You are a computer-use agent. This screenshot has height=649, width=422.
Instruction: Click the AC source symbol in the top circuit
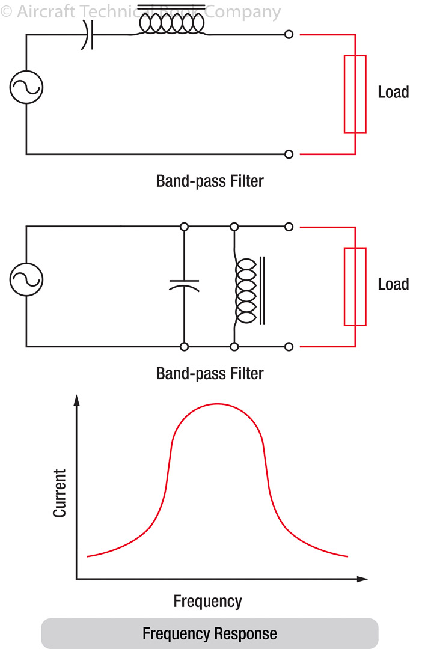[26, 87]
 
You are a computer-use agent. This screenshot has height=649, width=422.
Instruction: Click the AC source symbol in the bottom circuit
[26, 279]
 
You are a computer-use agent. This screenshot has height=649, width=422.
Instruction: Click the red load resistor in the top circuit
[355, 94]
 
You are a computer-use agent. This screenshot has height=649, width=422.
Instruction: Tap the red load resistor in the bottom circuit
[355, 287]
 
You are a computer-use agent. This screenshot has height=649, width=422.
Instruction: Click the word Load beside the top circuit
[393, 93]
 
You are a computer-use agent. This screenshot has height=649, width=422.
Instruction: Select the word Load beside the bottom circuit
[393, 284]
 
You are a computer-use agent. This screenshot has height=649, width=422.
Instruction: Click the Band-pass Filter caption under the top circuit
[210, 181]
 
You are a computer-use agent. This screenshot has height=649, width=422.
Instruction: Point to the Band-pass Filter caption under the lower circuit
[210, 373]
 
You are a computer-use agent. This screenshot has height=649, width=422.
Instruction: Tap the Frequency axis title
[207, 601]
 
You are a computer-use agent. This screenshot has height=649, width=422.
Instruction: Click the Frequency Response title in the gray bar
[210, 633]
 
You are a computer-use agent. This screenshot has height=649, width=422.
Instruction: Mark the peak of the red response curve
[217, 404]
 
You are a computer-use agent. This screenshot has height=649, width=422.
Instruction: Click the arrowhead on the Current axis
[76, 400]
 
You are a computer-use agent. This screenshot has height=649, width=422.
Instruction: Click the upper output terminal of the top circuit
[289, 35]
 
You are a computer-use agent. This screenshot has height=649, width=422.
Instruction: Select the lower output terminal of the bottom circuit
[289, 347]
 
